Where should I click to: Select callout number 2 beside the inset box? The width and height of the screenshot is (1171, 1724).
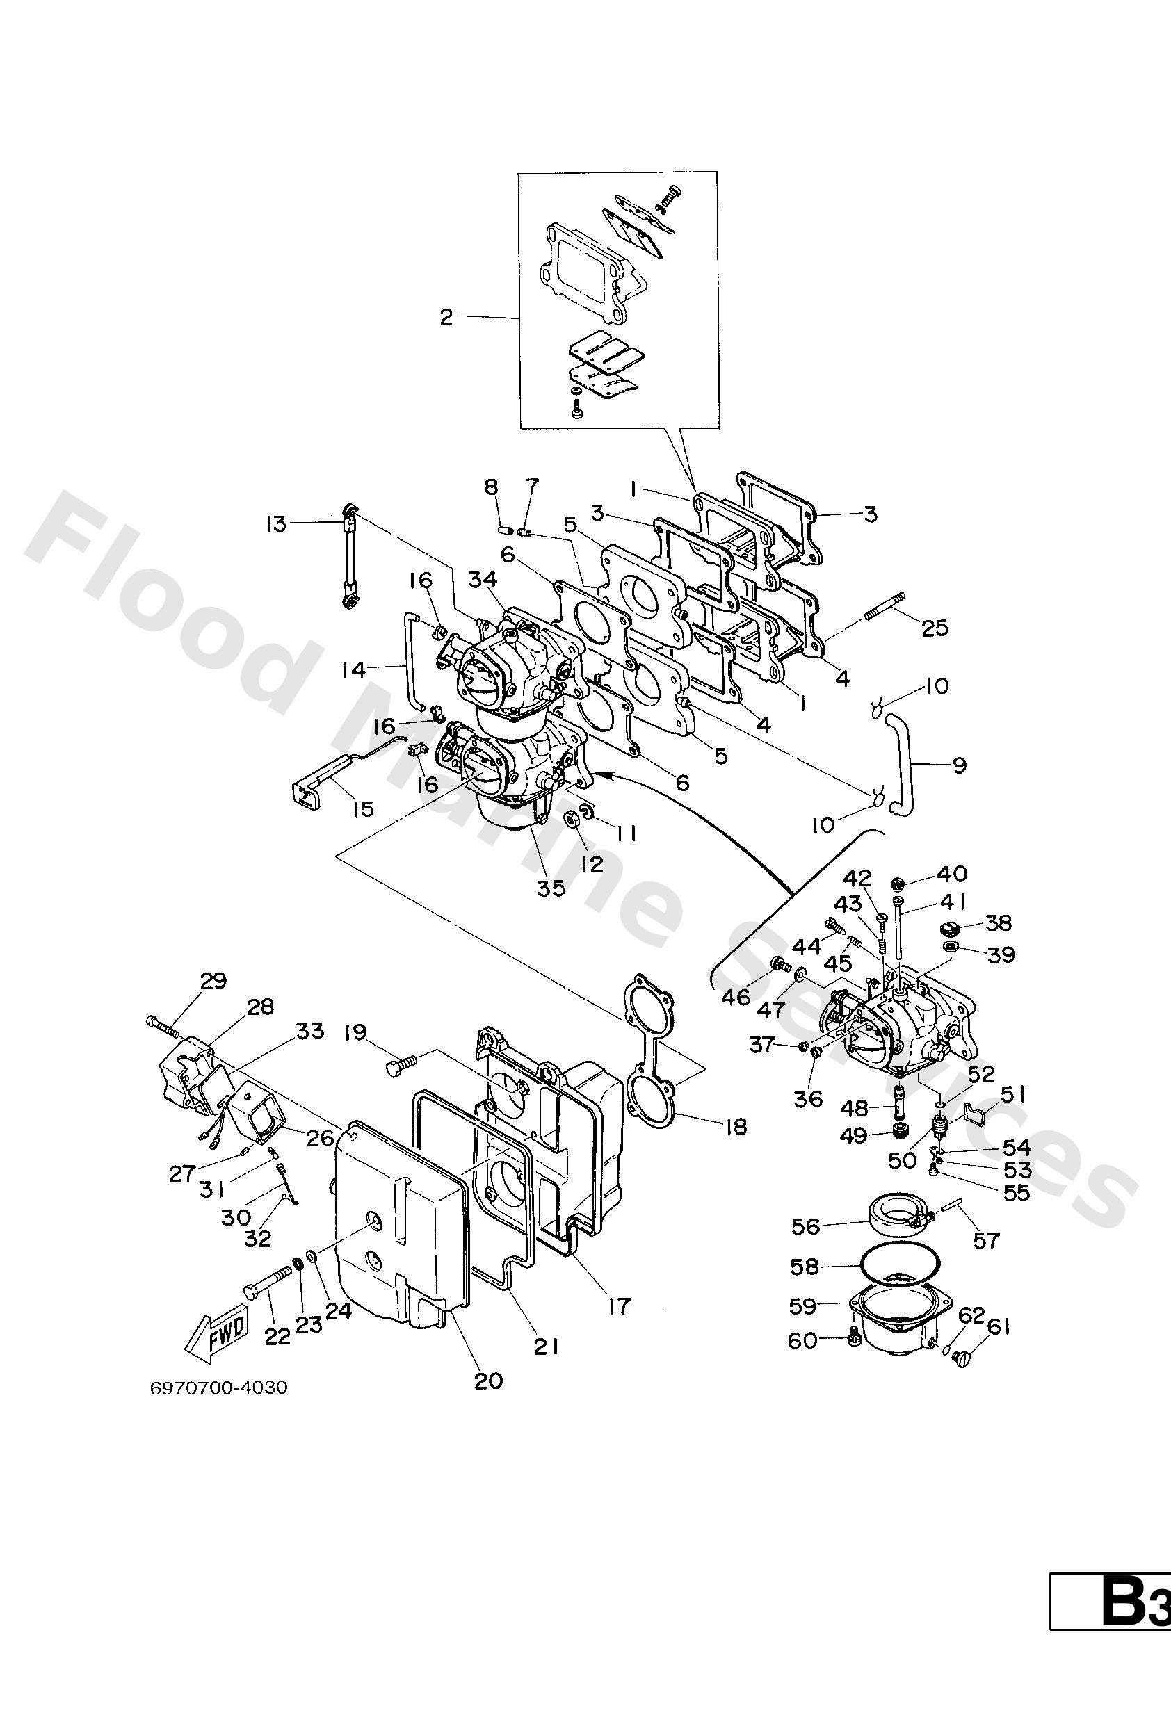coord(446,318)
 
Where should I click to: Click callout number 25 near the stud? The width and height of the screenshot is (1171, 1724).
coord(935,628)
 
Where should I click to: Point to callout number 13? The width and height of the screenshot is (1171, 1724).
coord(275,524)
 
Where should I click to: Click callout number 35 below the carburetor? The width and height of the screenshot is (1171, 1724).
coord(551,888)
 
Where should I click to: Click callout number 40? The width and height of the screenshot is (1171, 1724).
coord(952,874)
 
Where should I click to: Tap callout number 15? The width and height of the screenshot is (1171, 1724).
coord(362,808)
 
